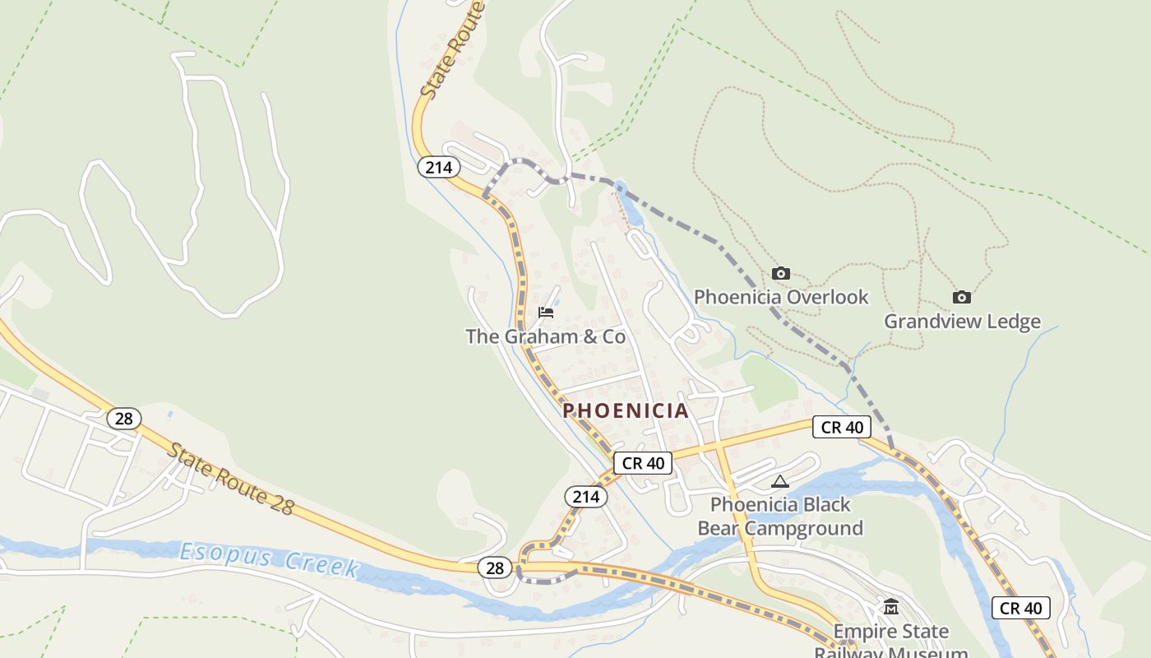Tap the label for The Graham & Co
(x=545, y=336)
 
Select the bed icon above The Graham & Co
(x=545, y=313)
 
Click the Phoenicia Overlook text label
(x=781, y=297)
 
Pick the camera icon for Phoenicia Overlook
(x=780, y=273)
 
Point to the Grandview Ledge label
(x=962, y=321)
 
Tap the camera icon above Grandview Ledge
(x=961, y=297)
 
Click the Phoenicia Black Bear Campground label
(x=780, y=516)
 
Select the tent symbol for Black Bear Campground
(x=779, y=481)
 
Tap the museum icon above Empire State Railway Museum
(x=890, y=608)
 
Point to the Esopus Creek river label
(x=269, y=559)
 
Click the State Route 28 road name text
(x=230, y=479)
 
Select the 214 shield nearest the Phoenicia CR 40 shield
(x=585, y=497)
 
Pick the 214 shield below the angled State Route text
(x=438, y=167)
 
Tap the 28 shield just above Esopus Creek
(x=494, y=568)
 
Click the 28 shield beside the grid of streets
(x=123, y=419)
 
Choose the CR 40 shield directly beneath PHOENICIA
(x=643, y=463)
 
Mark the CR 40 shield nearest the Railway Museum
(x=1020, y=608)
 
